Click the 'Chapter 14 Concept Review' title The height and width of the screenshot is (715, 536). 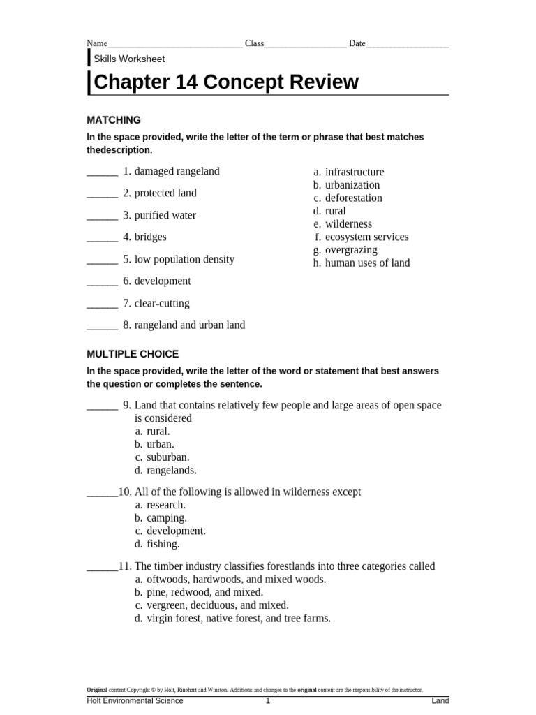click(225, 82)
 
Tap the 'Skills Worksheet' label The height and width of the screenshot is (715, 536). click(129, 59)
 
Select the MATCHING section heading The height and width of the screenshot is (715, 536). click(113, 119)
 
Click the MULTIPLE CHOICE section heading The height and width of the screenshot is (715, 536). click(133, 354)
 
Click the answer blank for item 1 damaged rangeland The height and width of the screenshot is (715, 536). click(102, 172)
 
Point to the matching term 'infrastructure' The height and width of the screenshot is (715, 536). click(355, 172)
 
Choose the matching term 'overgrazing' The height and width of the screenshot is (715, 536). click(351, 250)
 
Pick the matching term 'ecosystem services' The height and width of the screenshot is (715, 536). click(366, 237)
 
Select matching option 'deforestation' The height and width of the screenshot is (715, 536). click(354, 198)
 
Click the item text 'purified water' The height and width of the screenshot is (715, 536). click(165, 215)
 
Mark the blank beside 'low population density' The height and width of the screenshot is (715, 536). click(102, 260)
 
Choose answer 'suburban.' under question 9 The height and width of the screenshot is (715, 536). click(167, 457)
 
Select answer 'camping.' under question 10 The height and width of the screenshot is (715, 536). click(166, 518)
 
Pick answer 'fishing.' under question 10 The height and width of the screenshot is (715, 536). click(163, 544)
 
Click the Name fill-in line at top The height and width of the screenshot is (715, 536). click(174, 44)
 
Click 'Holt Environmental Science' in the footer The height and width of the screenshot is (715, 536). click(135, 700)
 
